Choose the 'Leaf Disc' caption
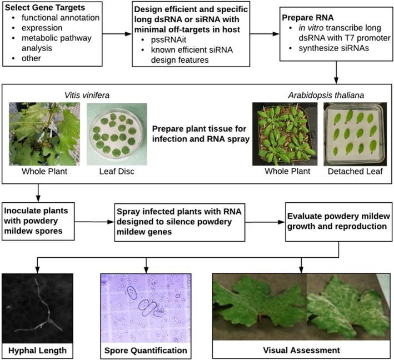[x=117, y=171]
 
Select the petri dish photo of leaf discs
[x=117, y=134]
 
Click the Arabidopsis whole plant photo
[x=285, y=134]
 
